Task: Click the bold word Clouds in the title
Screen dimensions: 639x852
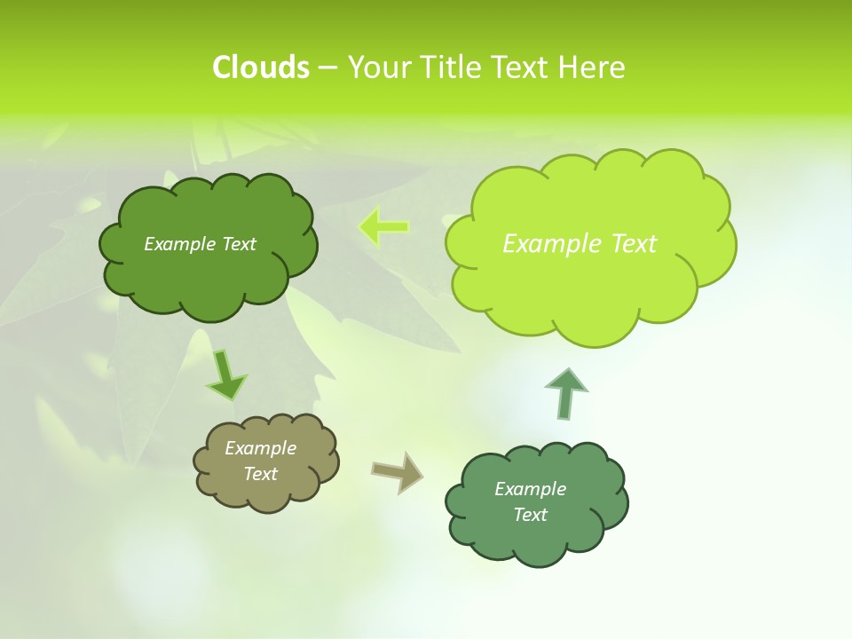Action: (260, 67)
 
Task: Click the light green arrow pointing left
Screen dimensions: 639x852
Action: (384, 227)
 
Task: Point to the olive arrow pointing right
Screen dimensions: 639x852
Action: (398, 471)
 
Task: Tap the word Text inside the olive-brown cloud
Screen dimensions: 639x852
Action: (260, 474)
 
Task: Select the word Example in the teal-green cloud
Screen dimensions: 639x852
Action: (530, 489)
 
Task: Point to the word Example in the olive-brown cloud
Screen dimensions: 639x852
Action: (260, 448)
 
